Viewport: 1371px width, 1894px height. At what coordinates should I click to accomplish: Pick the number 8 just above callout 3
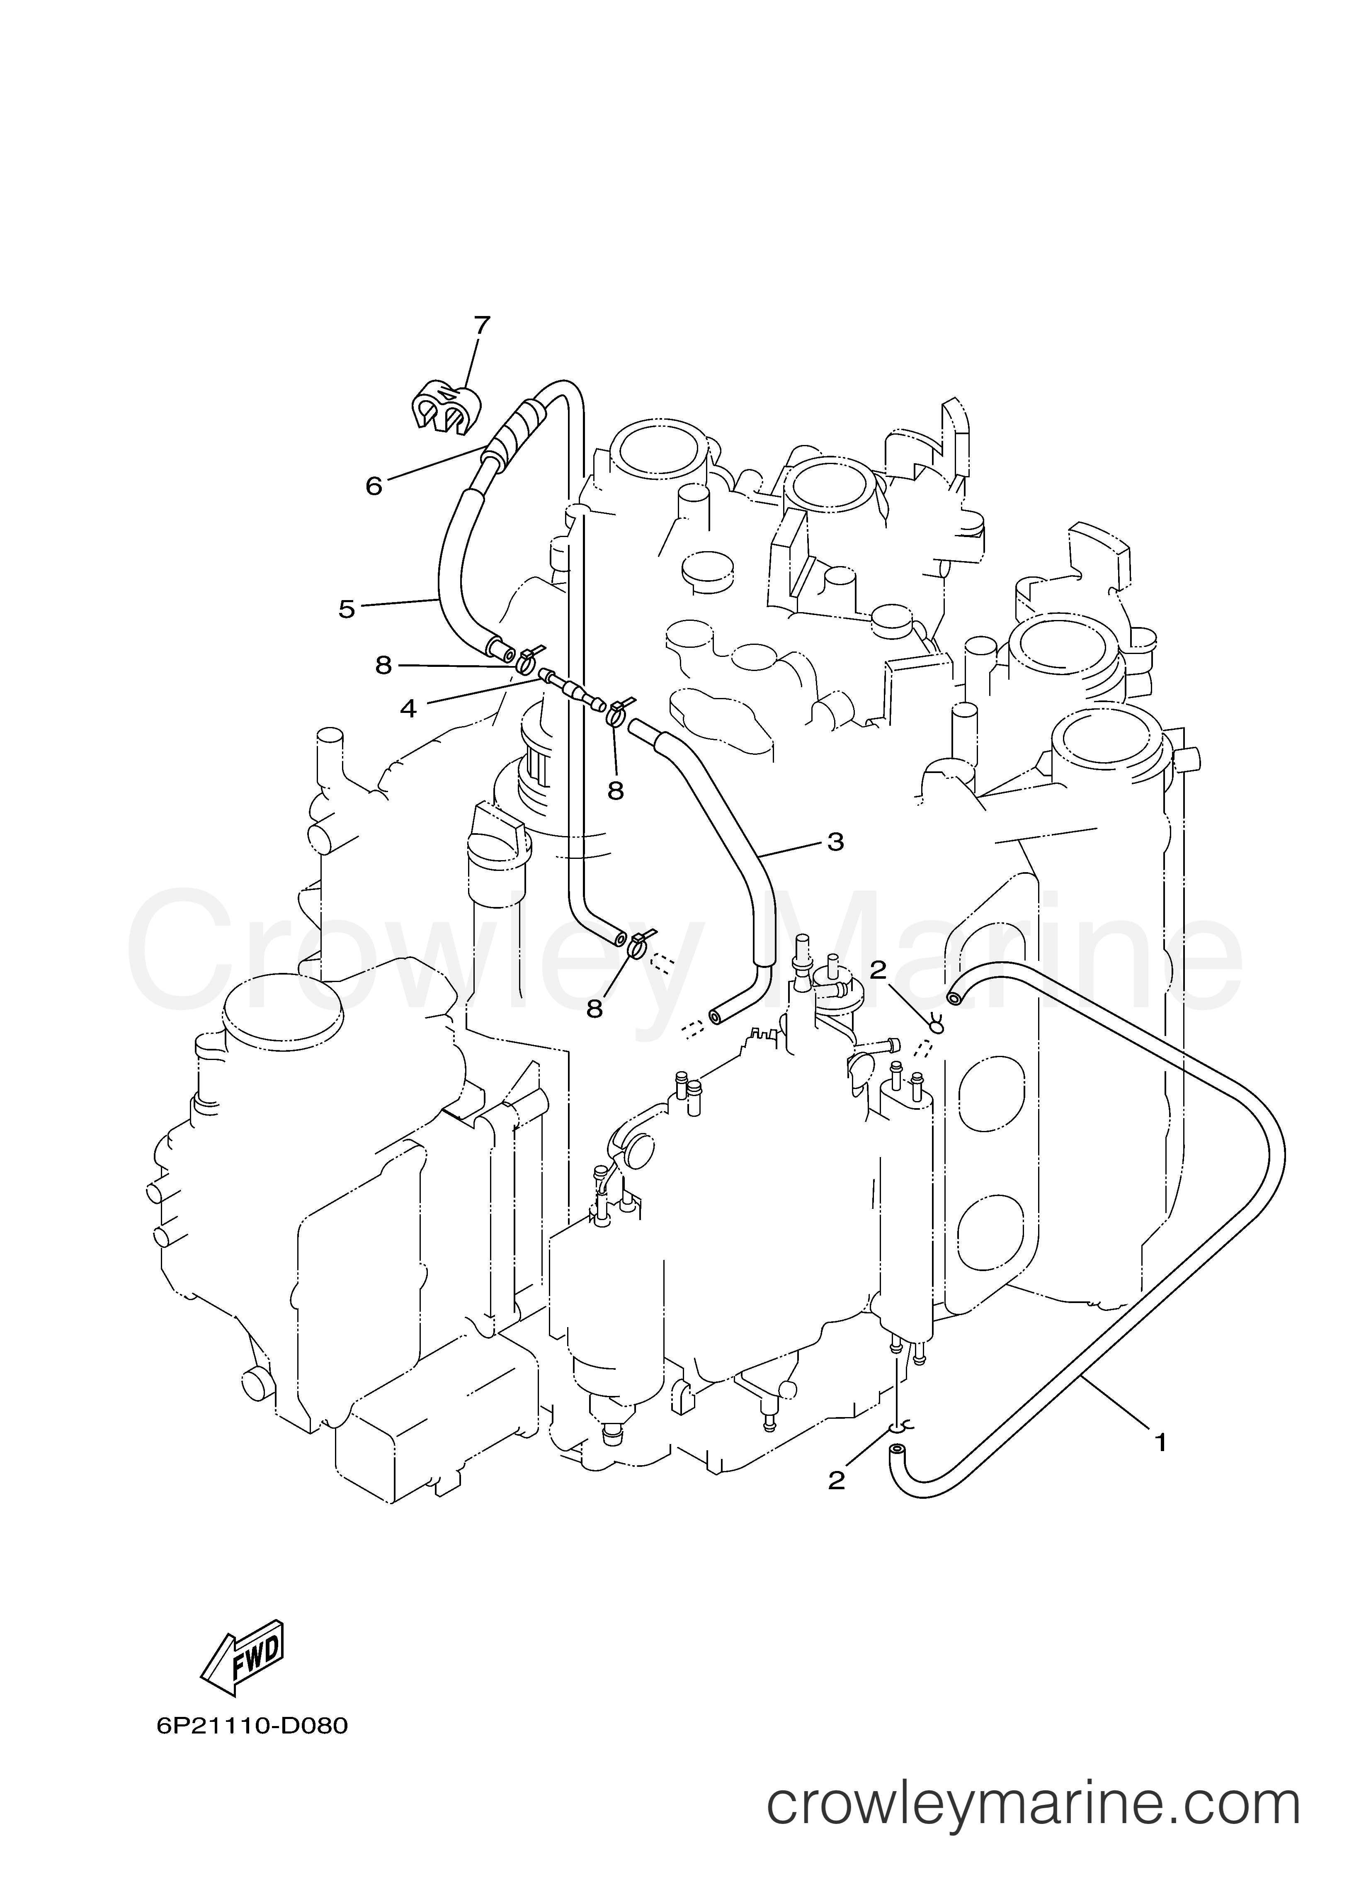615,790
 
